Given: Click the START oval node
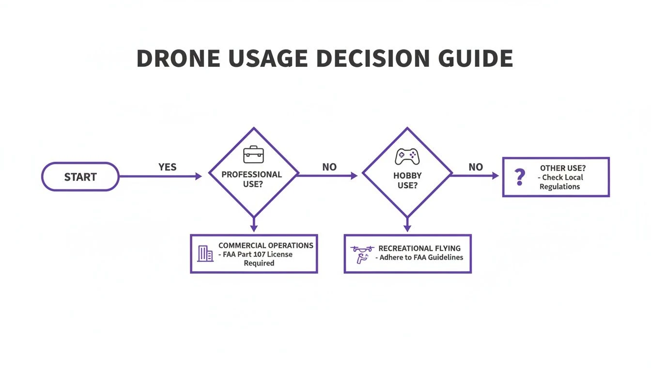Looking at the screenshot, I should tap(80, 177).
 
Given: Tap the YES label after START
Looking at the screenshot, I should tap(168, 167).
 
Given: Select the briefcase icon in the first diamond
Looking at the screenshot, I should tap(253, 155).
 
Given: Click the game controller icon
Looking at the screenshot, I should tap(407, 156).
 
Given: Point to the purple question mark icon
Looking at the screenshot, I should tap(520, 177).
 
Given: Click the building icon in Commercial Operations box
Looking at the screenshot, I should tap(205, 253).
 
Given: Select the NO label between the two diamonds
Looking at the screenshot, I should tap(329, 167).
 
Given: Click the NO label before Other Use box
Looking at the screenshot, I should tap(476, 167).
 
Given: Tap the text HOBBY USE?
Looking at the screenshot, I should tap(407, 180).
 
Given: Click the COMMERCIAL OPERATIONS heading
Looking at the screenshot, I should tap(266, 246).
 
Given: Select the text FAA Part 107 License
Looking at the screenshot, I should tap(258, 254).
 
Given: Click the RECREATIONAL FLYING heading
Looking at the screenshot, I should tap(419, 248).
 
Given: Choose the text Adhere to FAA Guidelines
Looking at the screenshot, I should tap(421, 258).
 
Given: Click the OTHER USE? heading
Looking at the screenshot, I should tap(562, 168).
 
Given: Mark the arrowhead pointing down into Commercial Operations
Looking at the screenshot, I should tap(254, 228).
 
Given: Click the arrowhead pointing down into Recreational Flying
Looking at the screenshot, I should tap(407, 228).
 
